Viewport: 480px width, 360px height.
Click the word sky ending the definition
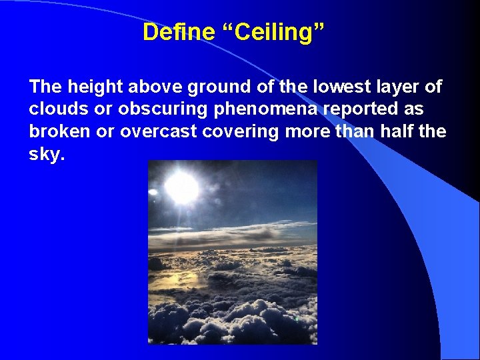coord(45,155)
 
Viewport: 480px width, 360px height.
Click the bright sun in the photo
coord(181,187)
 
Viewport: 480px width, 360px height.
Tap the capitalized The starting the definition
coord(45,87)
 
